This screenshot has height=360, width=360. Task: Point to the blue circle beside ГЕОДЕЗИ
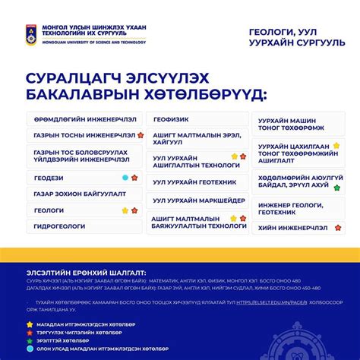point(125,178)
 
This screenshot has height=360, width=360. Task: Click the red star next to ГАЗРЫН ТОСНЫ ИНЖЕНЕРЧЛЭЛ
point(140,135)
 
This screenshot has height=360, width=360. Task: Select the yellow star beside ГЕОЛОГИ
point(125,210)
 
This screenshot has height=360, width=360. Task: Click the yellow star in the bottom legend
point(30,324)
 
